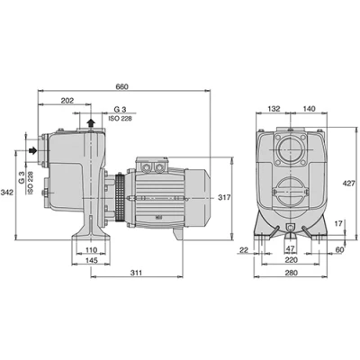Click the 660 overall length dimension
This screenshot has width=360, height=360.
click(121, 86)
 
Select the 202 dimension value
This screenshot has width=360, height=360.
click(67, 101)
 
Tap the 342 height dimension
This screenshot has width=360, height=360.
click(7, 193)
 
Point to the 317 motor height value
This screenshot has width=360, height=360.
click(224, 197)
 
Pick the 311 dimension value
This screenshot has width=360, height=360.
click(136, 273)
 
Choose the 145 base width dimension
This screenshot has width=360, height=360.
click(91, 260)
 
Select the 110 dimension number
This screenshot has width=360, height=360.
click(91, 249)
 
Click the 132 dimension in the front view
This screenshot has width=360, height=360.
click(274, 109)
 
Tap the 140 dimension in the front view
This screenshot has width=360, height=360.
click(310, 109)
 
